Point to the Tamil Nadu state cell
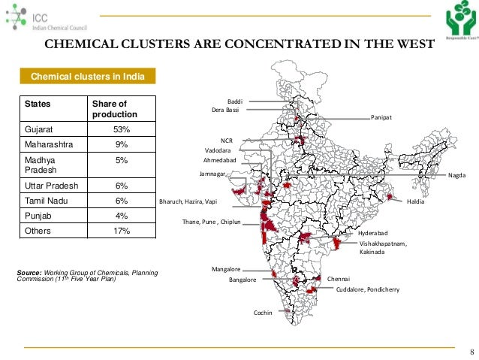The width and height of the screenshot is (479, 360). [x=50, y=201]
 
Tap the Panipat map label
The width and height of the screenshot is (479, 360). [x=381, y=118]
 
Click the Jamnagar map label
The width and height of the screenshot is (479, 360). [x=213, y=174]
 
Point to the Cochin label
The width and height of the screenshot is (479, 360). [x=263, y=313]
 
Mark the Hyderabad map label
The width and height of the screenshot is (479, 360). [x=373, y=234]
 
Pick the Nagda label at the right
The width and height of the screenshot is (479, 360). [x=456, y=175]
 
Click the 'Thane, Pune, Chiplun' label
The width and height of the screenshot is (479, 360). [x=215, y=222]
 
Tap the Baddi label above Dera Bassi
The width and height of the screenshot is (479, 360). [x=235, y=101]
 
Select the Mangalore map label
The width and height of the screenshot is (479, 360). [x=226, y=268]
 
